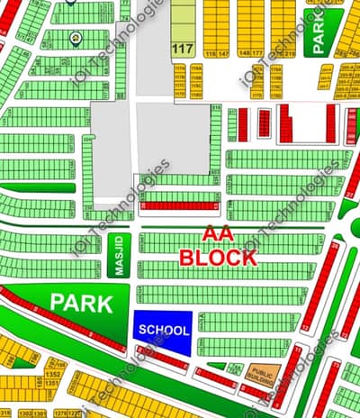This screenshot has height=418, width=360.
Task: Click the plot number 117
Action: coord(183,48)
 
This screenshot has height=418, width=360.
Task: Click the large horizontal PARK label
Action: coord(82,303)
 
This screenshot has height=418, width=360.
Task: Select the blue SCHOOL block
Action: coord(164,330)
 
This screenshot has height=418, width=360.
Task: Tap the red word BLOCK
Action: coord(217,256)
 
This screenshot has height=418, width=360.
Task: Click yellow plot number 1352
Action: coord(53,373)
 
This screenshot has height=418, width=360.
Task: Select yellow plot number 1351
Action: coord(53,383)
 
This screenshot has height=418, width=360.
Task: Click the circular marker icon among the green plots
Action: coord(76,39)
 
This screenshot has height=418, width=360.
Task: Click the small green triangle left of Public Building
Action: coord(233,369)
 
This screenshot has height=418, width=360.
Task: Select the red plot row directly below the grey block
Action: coord(181,206)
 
